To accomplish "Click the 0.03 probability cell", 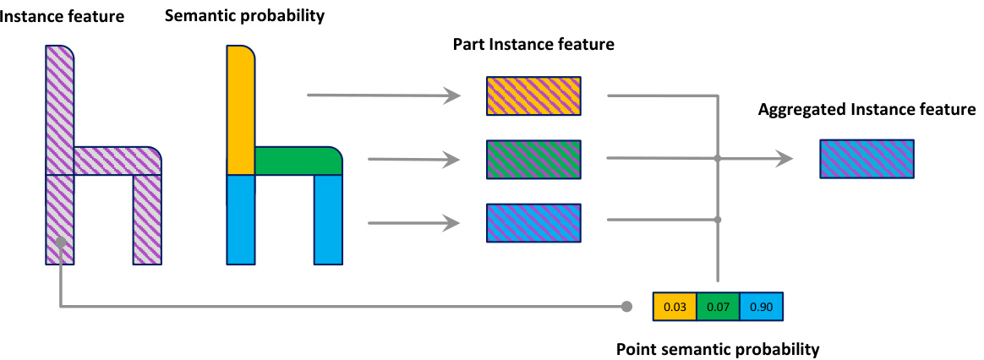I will coord(675,306).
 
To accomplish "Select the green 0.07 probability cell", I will coord(718,306).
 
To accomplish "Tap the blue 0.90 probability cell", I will coord(761,306).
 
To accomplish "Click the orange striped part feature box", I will coord(533,95).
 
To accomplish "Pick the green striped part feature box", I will coord(533,159).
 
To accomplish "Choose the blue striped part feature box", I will coord(533,223).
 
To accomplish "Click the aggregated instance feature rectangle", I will coord(866,159).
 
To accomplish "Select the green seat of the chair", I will coord(298,161).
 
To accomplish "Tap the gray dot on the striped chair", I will coord(61,243).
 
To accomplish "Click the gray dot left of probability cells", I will coord(626,305).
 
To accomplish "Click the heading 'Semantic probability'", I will coord(244,16).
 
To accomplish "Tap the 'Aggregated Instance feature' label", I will coord(866,110).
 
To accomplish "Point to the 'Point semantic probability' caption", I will coord(718,347).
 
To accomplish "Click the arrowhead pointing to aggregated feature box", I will coord(785,158).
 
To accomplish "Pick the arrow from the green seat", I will coord(414,159).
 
